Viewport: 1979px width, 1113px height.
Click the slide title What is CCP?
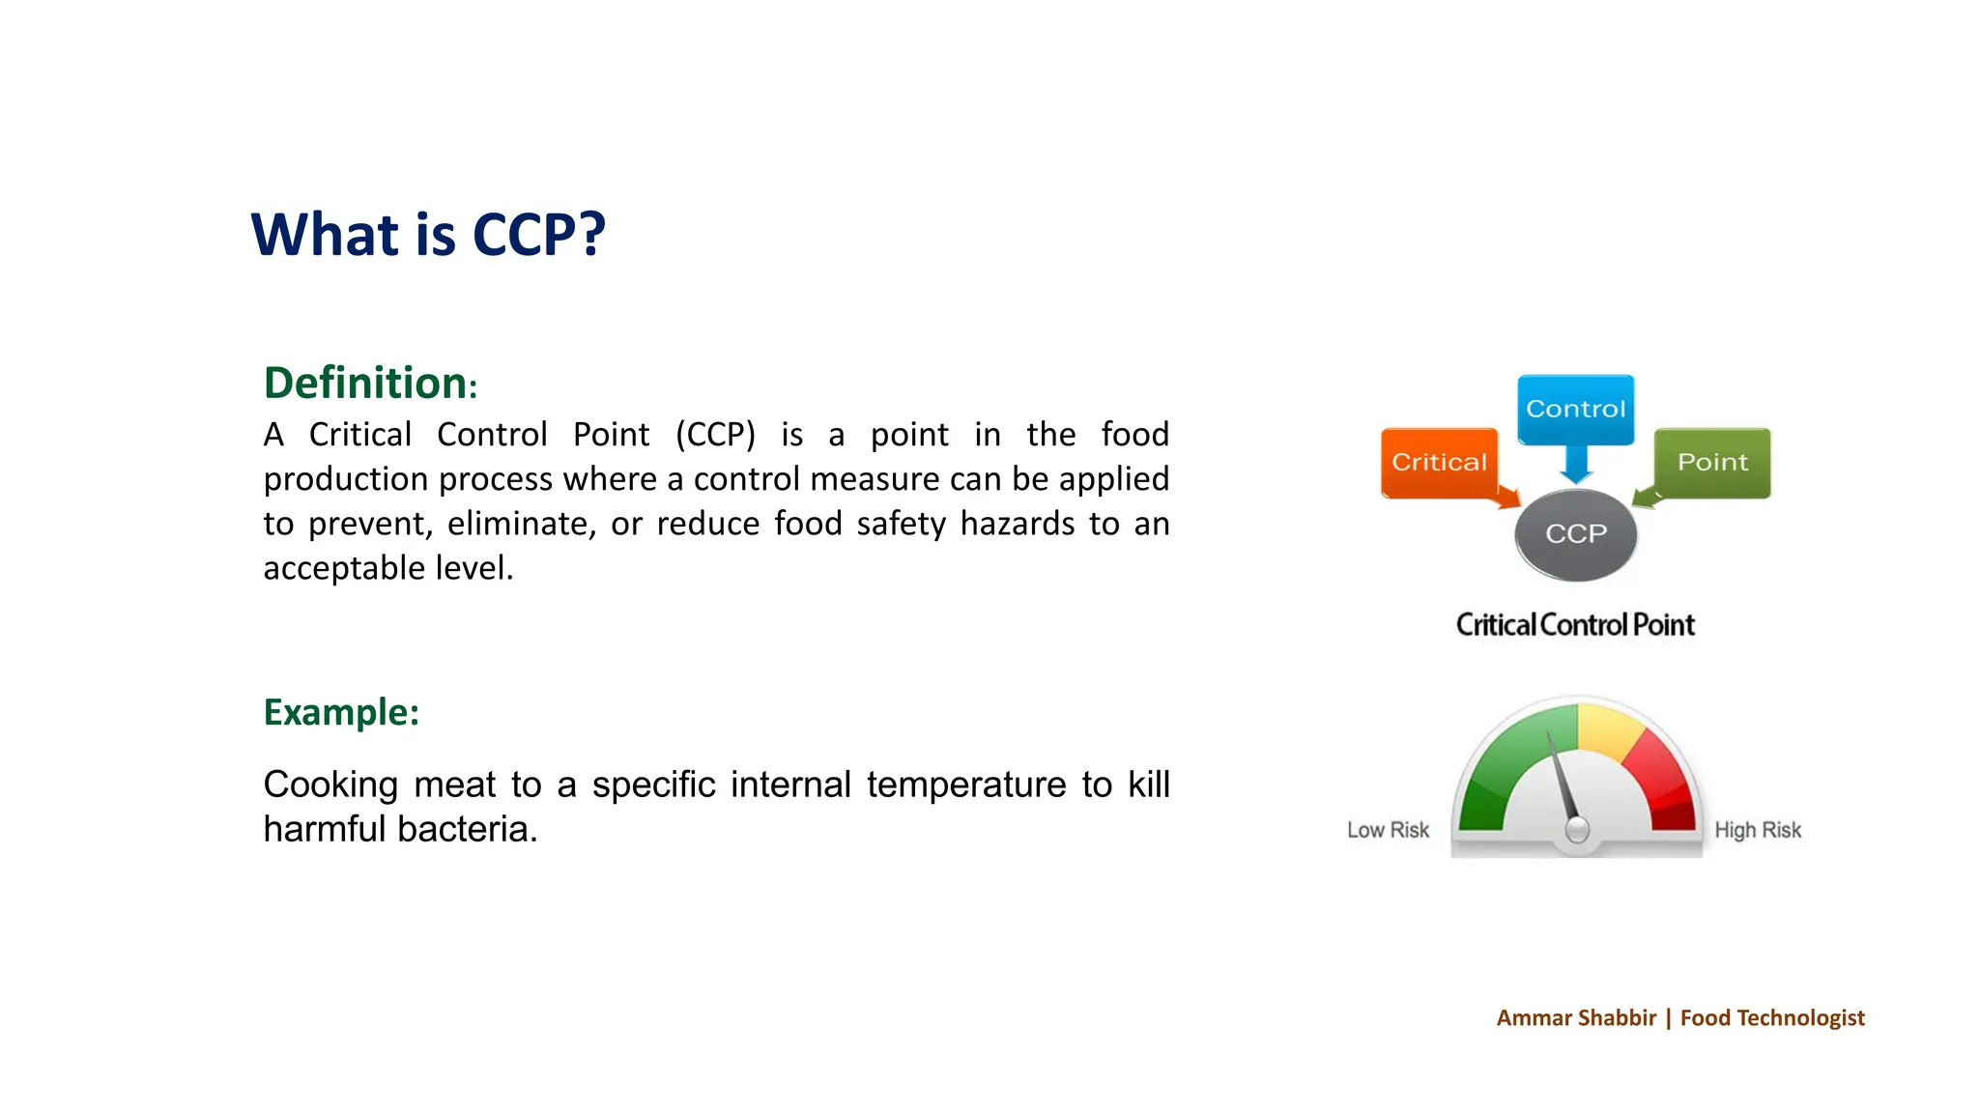(x=428, y=235)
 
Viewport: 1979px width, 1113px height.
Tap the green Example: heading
(x=341, y=712)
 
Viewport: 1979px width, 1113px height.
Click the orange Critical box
(x=1438, y=463)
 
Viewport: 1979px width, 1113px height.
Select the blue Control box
(x=1575, y=409)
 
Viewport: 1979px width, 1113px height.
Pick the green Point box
(x=1712, y=463)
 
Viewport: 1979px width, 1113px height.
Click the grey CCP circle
(x=1575, y=534)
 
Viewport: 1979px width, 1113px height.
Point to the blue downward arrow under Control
(x=1576, y=466)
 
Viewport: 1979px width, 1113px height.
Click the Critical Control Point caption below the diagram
(x=1575, y=625)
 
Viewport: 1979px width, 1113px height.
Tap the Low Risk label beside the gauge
(x=1388, y=830)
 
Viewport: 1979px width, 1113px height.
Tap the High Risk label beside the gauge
(x=1758, y=830)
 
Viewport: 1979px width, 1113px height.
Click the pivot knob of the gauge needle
(x=1577, y=829)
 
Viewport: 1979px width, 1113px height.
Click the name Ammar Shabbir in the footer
(x=1576, y=1017)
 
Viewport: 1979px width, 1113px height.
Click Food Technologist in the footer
(x=1772, y=1017)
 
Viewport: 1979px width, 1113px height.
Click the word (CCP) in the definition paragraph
(x=715, y=435)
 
